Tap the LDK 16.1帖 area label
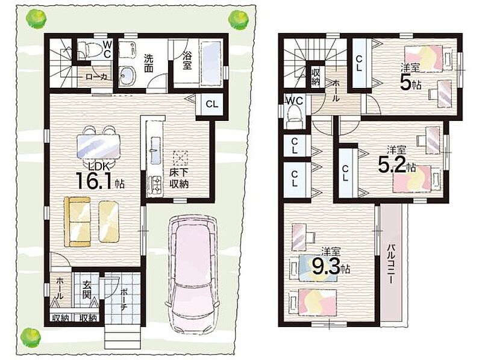point(99,177)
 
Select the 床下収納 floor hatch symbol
point(180,158)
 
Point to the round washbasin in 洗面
point(127,75)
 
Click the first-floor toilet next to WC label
point(90,50)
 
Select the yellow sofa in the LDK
point(77,222)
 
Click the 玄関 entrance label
point(86,290)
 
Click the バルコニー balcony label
point(390,264)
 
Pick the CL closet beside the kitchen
point(212,104)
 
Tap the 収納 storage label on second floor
point(316,77)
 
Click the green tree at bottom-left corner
point(31,337)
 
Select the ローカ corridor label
point(96,76)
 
